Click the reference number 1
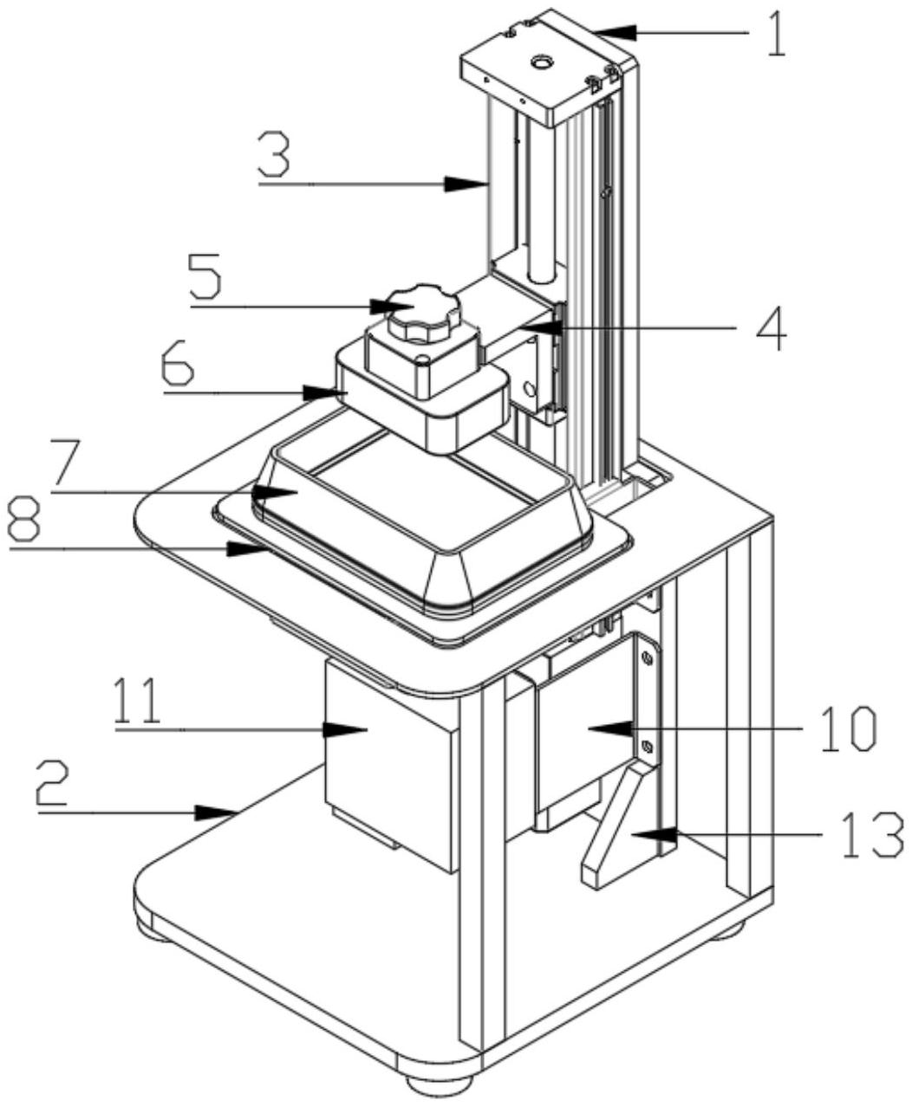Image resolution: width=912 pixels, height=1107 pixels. pyautogui.click(x=775, y=36)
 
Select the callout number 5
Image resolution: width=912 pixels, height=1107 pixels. pyautogui.click(x=205, y=276)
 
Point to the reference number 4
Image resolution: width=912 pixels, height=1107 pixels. pyautogui.click(x=770, y=328)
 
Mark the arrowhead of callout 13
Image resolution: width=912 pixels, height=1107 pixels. pyautogui.click(x=657, y=834)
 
